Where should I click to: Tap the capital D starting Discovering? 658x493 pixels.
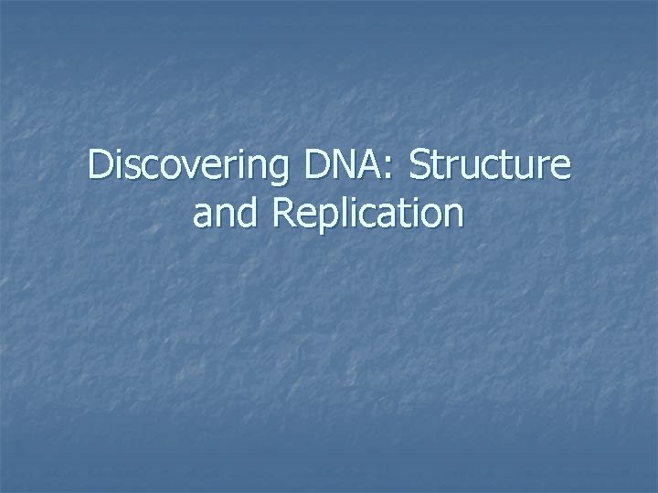101,167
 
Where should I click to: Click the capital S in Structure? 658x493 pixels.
422,167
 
